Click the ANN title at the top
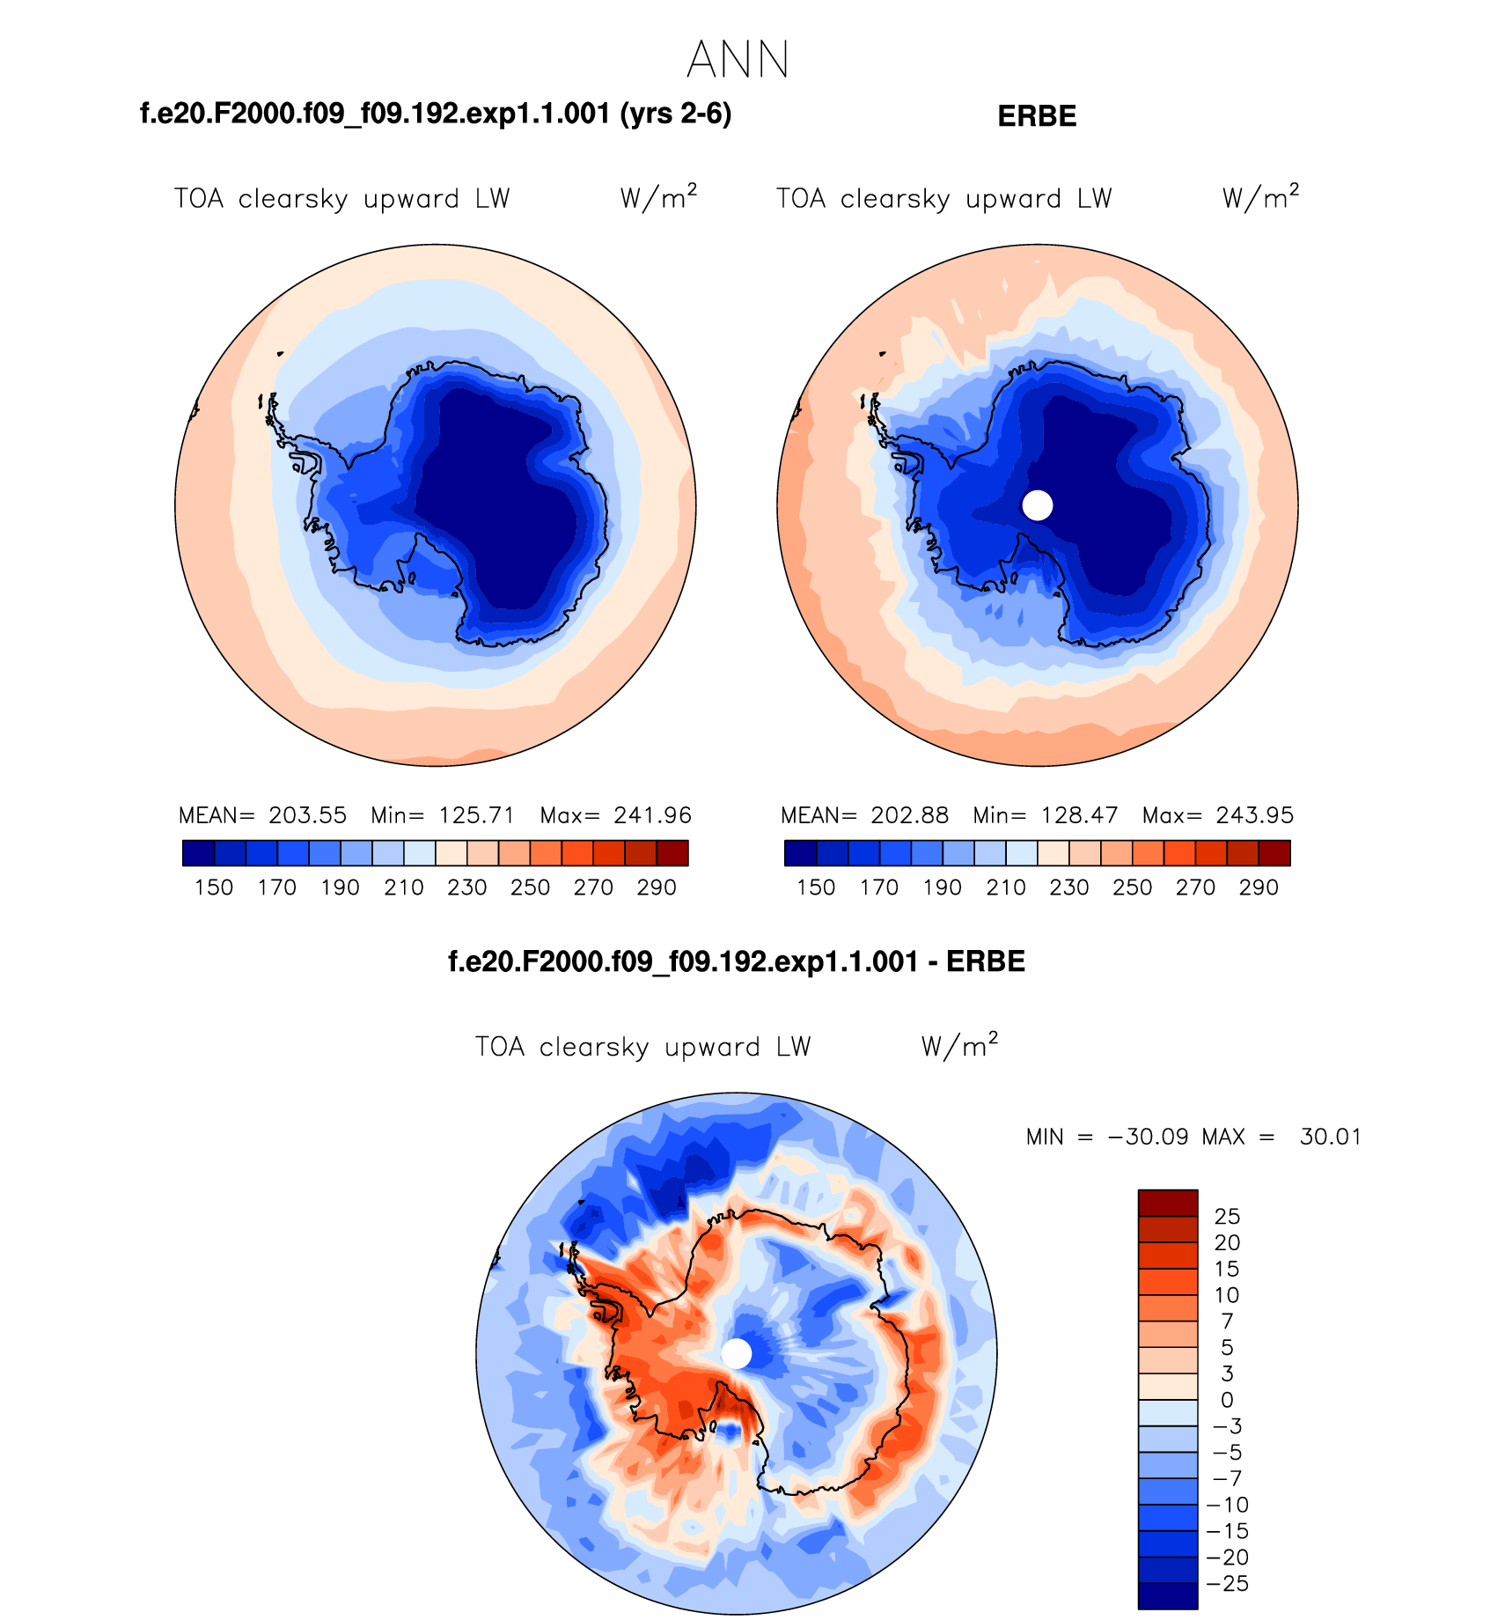[738, 60]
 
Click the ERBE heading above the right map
[1037, 116]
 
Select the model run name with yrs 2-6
[436, 114]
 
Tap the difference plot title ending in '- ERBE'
[737, 961]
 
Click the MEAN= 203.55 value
[262, 815]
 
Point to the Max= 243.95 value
[1217, 815]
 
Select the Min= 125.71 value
[442, 815]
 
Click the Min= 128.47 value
[1044, 815]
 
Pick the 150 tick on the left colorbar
[214, 887]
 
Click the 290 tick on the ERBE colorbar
[1259, 887]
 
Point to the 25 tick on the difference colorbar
[1227, 1217]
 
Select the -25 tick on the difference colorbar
[1228, 1584]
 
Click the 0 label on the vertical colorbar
[1227, 1400]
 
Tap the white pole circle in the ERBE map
[1038, 505]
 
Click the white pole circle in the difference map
[737, 1354]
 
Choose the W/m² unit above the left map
[658, 197]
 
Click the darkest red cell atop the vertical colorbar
[1167, 1203]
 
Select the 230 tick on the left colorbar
[466, 887]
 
